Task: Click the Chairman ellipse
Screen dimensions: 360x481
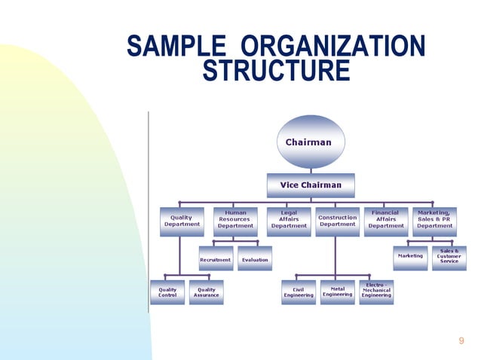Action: (309, 142)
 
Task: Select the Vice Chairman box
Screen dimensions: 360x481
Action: (311, 185)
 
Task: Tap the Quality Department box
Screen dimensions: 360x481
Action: (182, 220)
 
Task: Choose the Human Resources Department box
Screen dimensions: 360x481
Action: (235, 220)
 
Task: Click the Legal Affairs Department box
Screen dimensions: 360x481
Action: (289, 220)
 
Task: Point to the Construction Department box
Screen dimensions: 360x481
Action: (337, 220)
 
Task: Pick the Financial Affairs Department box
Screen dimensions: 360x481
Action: (386, 220)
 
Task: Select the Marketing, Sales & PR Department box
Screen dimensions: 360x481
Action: (434, 220)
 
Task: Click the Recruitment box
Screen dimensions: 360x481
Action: (215, 259)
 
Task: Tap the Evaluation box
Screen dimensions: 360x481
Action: (255, 259)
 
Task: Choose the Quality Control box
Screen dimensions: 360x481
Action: (167, 292)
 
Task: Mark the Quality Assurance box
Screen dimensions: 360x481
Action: (206, 292)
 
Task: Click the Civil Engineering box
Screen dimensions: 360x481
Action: (299, 292)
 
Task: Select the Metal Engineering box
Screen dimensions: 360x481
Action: (337, 292)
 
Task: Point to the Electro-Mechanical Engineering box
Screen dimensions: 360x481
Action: (376, 291)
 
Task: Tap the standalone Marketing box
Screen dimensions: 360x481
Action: (410, 257)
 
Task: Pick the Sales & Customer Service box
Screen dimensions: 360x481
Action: (449, 257)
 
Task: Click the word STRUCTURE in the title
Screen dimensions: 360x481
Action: (276, 72)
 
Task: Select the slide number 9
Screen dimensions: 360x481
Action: (461, 341)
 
